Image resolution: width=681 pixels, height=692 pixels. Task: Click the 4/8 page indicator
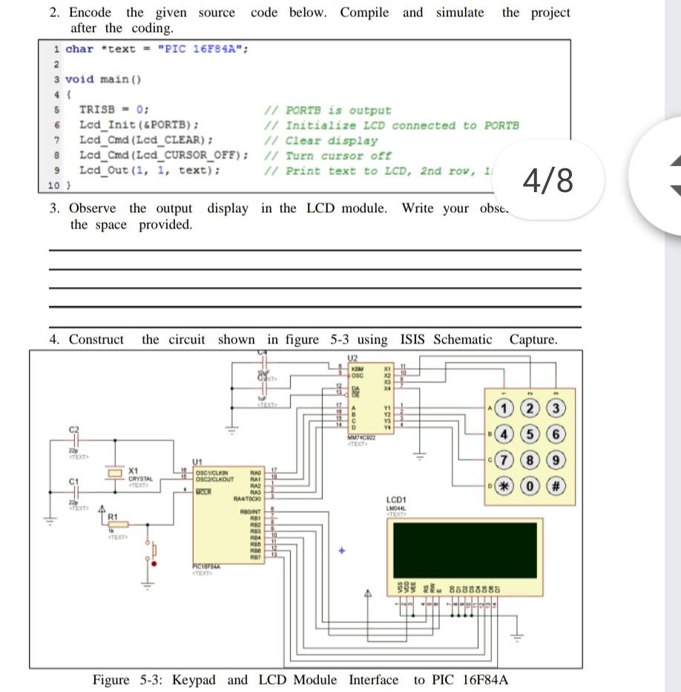[547, 180]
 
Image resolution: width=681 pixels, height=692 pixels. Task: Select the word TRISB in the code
[96, 110]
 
